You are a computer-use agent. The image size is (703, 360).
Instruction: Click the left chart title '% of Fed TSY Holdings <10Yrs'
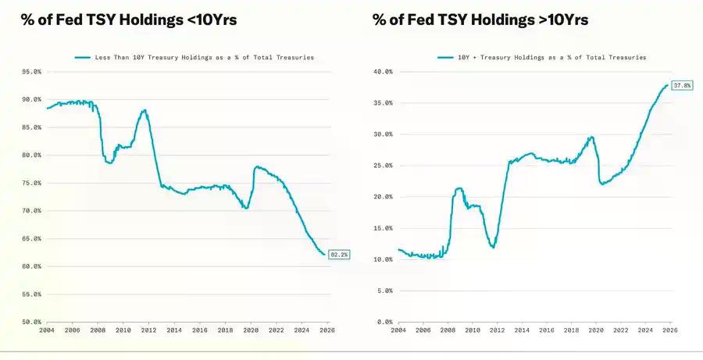pos(120,20)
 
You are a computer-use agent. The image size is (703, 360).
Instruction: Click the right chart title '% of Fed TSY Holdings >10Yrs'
pos(480,20)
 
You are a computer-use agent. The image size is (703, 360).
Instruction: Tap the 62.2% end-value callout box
pos(339,254)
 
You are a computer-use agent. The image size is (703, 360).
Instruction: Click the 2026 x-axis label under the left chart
pos(328,331)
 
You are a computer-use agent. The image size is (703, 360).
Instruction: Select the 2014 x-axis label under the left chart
pos(174,331)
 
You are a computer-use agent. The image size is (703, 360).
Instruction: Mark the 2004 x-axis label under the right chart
pos(398,331)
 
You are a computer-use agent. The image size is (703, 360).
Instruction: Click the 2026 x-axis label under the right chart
pos(669,331)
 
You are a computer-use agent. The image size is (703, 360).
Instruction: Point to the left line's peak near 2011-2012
pos(145,110)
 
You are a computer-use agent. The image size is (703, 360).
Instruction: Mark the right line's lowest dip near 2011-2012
pos(493,247)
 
